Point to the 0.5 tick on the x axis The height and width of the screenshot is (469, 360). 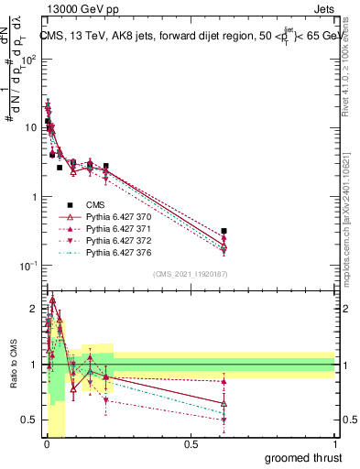pyautogui.click(x=190, y=444)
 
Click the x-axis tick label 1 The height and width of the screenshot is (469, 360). pyautogui.click(x=334, y=444)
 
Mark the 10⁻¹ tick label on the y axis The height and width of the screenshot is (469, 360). pyautogui.click(x=29, y=267)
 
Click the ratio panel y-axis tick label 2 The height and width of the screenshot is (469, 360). pyautogui.click(x=33, y=309)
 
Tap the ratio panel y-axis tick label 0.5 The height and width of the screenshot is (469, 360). pyautogui.click(x=30, y=420)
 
